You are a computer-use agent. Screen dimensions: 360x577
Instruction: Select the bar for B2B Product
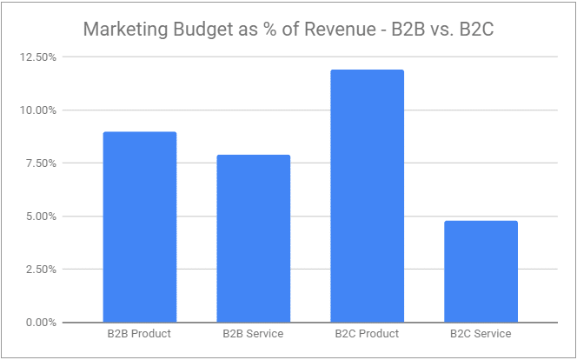[x=140, y=227]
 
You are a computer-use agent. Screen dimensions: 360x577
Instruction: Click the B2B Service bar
[x=253, y=238]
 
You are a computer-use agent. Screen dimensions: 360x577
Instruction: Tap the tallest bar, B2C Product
[x=367, y=196]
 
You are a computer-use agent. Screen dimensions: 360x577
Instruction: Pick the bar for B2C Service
[x=481, y=271]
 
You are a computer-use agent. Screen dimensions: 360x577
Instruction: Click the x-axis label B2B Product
[x=139, y=334]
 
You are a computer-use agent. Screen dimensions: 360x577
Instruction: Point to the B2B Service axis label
[x=253, y=334]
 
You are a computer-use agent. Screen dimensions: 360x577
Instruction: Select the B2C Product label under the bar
[x=367, y=334]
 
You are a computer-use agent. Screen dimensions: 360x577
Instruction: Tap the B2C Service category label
[x=481, y=334]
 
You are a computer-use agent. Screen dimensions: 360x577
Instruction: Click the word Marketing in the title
[x=122, y=30]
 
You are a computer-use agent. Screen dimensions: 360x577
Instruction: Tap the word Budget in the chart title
[x=196, y=30]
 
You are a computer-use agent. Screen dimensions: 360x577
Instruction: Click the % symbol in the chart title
[x=262, y=30]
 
